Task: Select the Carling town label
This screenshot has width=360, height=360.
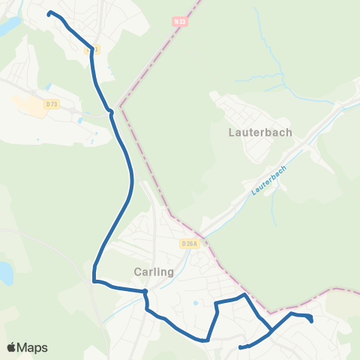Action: (153, 271)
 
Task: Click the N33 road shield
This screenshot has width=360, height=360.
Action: (178, 21)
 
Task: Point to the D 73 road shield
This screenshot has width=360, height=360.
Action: (52, 105)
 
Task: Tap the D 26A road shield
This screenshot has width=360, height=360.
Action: (189, 244)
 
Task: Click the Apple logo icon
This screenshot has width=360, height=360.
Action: (12, 347)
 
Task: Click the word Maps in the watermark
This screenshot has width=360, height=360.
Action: (32, 347)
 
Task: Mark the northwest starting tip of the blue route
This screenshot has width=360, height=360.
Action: (49, 13)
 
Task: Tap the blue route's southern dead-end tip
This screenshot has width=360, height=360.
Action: (239, 347)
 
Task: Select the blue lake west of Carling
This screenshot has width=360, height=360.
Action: (5, 273)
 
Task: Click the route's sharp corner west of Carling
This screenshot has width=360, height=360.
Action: (94, 281)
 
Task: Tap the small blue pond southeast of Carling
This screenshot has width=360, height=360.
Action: (194, 304)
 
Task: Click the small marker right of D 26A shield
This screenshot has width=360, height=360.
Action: (205, 244)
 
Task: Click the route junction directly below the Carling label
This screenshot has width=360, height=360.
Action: (145, 292)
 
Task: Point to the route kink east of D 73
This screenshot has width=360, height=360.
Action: (111, 112)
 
